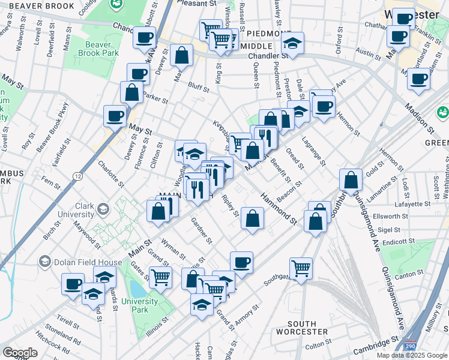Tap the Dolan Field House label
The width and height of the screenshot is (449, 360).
click(78, 261)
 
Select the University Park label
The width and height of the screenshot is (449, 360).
click(134, 305)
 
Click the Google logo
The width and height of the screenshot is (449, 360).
click(20, 353)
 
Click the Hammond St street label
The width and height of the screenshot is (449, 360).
click(279, 209)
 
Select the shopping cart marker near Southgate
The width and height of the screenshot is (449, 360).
click(301, 267)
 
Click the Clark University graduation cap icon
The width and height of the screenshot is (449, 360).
click(102, 209)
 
